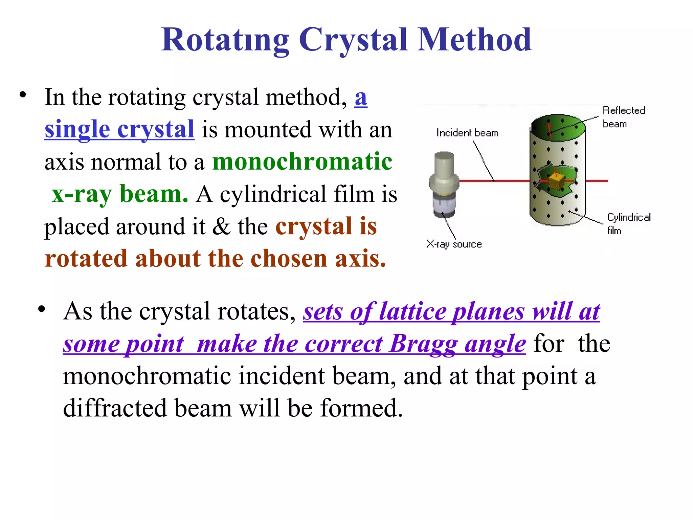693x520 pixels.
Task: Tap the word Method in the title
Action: pos(474,40)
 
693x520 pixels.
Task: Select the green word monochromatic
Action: pos(302,161)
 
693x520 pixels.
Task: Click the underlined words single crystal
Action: pos(119,129)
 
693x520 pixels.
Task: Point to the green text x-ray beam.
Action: pos(120,194)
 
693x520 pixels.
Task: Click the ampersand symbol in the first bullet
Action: pos(221,226)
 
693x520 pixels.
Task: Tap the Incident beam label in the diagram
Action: pos(467,133)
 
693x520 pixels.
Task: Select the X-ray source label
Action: pos(454,244)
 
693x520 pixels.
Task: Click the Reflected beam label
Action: pos(623,117)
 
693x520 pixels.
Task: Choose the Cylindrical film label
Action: pos(628,223)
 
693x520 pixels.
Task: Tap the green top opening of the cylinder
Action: pos(558,127)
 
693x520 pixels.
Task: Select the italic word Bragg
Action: pos(423,344)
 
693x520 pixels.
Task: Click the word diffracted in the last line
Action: pos(115,408)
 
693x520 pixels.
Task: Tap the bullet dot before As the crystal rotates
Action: pos(41,309)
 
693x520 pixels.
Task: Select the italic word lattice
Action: pos(412,311)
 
